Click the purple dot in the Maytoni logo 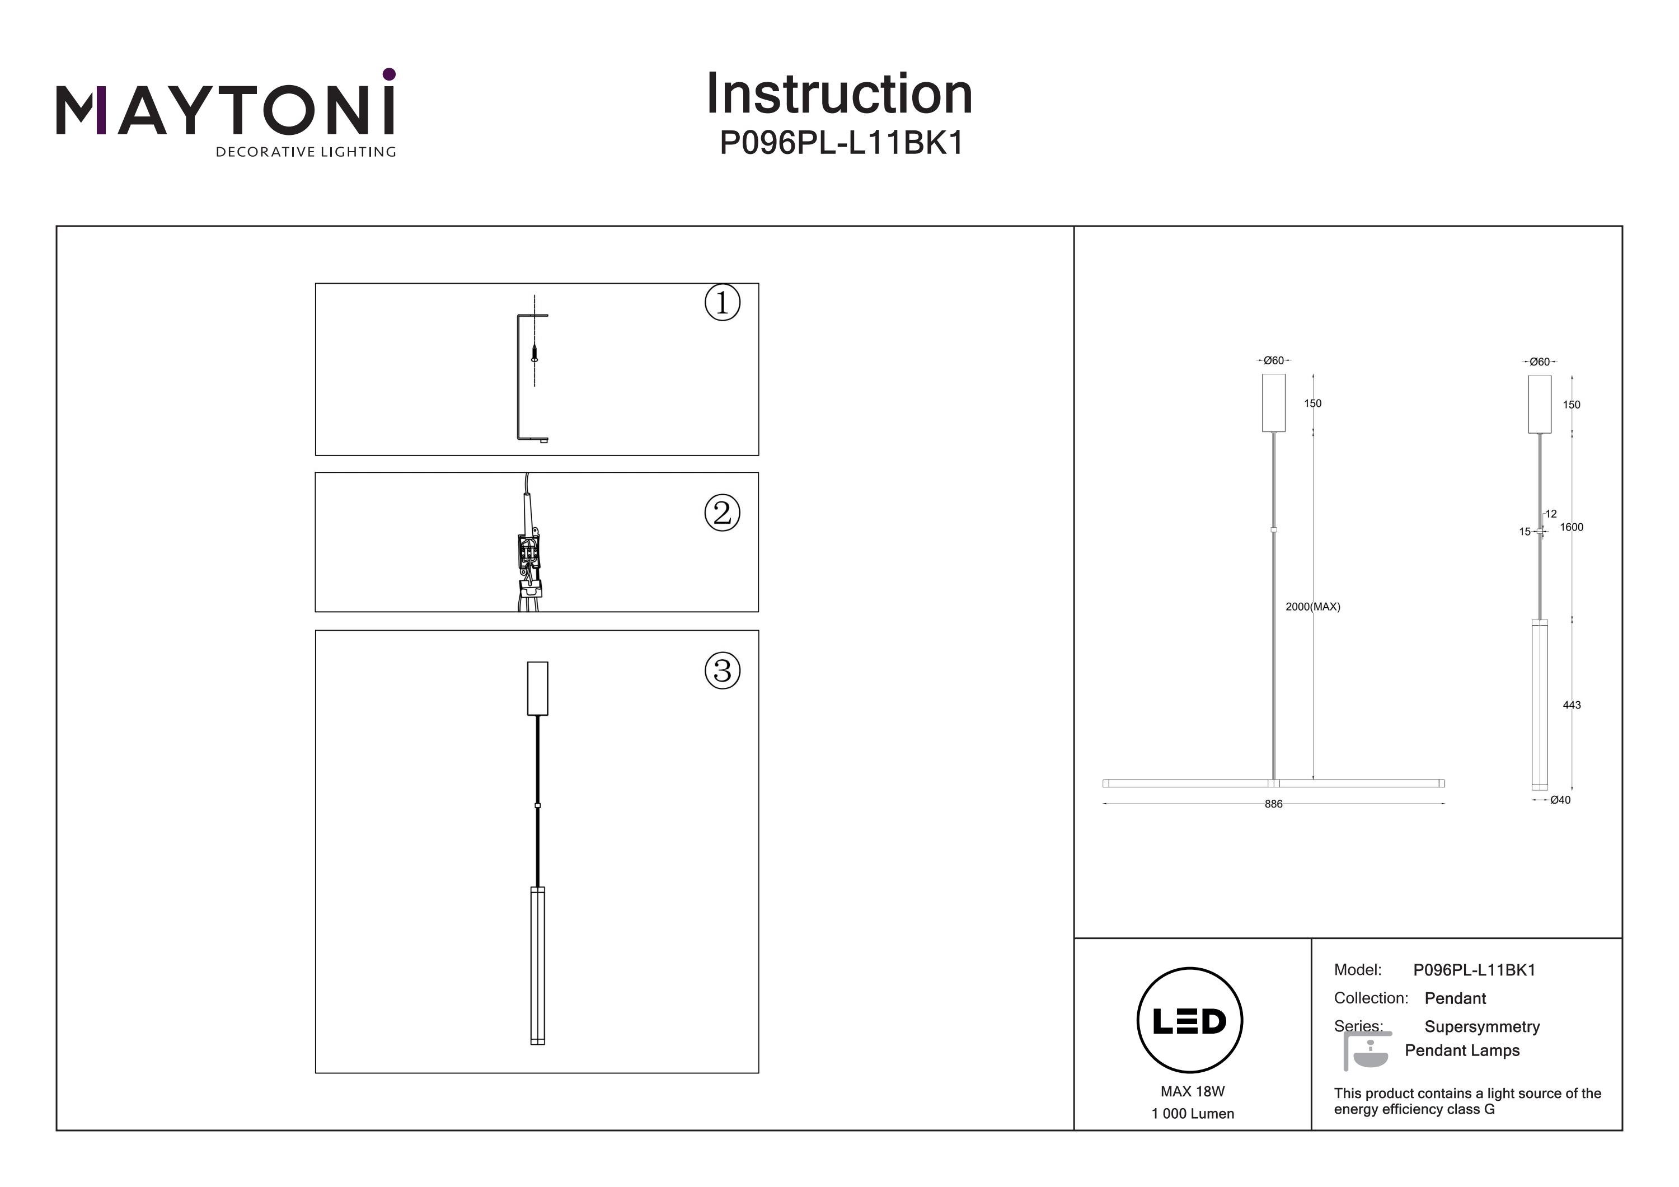pos(389,74)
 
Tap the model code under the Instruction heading pos(842,143)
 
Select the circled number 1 pos(722,303)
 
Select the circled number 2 pos(722,513)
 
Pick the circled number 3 pos(722,670)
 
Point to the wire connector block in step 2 pos(528,553)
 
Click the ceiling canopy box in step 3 pos(537,688)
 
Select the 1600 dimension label pos(1571,527)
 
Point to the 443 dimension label pos(1571,705)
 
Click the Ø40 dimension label pos(1560,800)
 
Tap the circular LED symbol pos(1189,1021)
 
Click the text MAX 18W pos(1192,1092)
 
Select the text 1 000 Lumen pos(1192,1114)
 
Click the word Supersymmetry pos(1481,1027)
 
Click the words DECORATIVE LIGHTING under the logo pos(306,152)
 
